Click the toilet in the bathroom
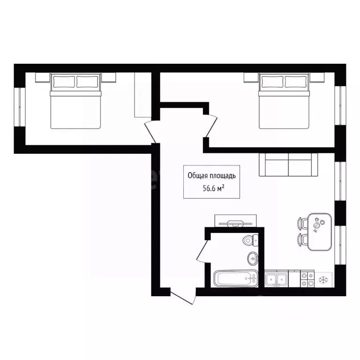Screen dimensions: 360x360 pyautogui.click(x=250, y=240)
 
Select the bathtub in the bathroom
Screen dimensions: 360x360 pyautogui.click(x=236, y=278)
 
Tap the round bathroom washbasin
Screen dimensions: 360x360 pyautogui.click(x=253, y=258)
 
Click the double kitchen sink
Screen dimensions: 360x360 pyautogui.click(x=276, y=279)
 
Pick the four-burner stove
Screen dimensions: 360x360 pyautogui.click(x=307, y=279)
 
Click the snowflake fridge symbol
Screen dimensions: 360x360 pyautogui.click(x=323, y=280)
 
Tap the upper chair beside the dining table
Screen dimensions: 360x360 pyautogui.click(x=303, y=223)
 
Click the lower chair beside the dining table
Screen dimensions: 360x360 pyautogui.click(x=303, y=240)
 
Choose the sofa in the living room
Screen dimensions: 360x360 pyautogui.click(x=288, y=165)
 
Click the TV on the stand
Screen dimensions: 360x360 pyautogui.click(x=235, y=223)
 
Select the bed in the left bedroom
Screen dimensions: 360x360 pyautogui.click(x=75, y=101)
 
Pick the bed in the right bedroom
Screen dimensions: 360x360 pyautogui.click(x=284, y=101)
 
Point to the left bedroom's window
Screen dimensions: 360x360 pyautogui.click(x=20, y=107)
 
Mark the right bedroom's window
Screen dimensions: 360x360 pyautogui.click(x=340, y=105)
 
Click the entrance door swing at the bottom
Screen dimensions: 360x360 pyautogui.click(x=183, y=297)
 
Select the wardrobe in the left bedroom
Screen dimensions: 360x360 pyautogui.click(x=142, y=95)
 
